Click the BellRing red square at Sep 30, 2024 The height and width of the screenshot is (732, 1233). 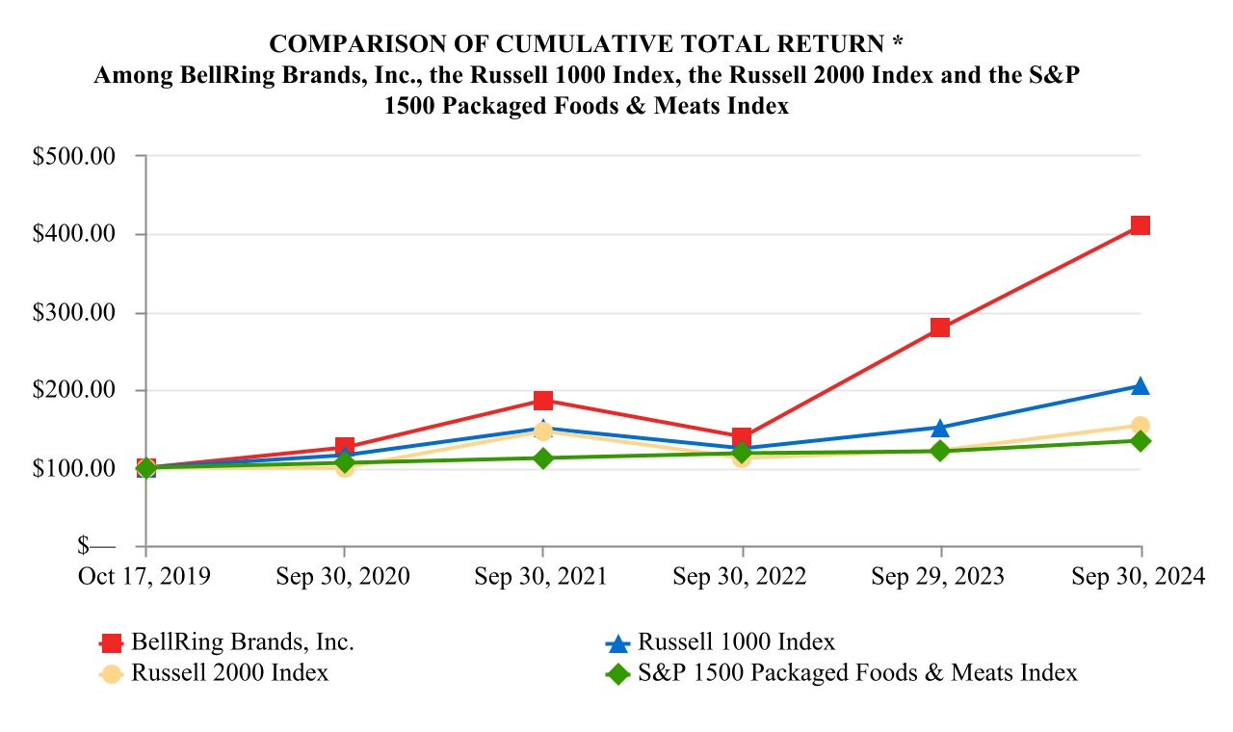[x=1141, y=225]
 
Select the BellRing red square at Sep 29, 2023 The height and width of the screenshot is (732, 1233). [x=940, y=327]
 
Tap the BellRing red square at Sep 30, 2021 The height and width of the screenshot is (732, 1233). [x=543, y=401]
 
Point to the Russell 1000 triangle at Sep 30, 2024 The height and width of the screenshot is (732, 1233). [x=1141, y=386]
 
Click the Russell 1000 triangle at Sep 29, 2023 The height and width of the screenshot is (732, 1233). [x=940, y=428]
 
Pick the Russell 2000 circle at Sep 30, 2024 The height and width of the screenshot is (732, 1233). [x=1141, y=426]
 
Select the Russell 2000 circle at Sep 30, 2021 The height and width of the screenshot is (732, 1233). [x=543, y=431]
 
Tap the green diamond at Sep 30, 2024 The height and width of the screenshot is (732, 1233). [x=1141, y=441]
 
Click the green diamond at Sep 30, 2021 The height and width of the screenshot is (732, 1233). [x=543, y=458]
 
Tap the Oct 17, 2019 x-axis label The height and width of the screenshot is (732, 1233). [x=144, y=576]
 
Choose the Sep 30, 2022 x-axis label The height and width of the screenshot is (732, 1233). [x=740, y=576]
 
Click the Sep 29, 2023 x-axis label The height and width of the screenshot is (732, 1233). [x=938, y=576]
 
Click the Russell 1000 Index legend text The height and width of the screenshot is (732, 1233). [x=737, y=642]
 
